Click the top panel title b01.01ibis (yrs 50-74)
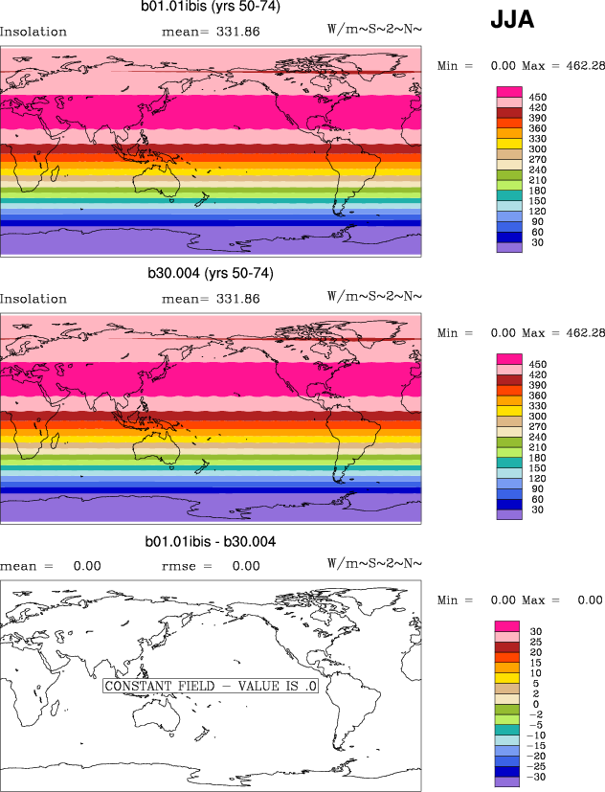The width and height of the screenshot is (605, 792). tap(209, 8)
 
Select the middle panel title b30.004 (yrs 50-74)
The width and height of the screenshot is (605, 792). tap(210, 274)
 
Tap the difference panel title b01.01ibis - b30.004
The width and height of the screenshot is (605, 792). tap(210, 542)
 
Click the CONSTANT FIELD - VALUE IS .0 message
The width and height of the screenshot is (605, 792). tap(210, 687)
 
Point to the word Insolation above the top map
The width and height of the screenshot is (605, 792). tap(34, 32)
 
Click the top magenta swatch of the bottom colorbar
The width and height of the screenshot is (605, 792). tap(507, 625)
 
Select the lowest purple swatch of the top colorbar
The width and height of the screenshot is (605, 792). tap(507, 246)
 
